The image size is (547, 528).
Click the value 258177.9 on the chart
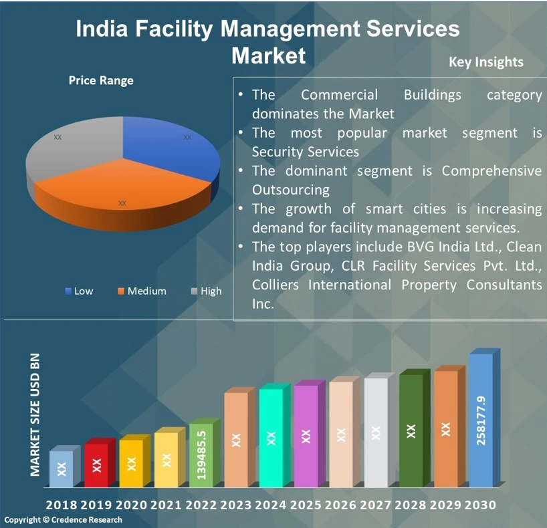pos(481,420)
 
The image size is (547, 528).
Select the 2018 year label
pos(61,505)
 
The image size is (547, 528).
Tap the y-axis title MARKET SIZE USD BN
pos(35,414)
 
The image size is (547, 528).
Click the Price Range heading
pos(101,80)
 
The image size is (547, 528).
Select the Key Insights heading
pos(486,62)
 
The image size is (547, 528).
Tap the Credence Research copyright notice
pos(64,520)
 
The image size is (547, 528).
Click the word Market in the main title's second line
pos(268,55)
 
